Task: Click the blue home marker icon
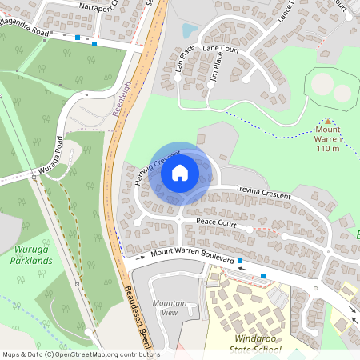point(180,172)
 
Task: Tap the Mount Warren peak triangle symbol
point(326,121)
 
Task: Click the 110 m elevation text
point(328,148)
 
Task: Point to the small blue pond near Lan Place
point(190,30)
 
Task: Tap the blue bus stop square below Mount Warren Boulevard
point(263,276)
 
